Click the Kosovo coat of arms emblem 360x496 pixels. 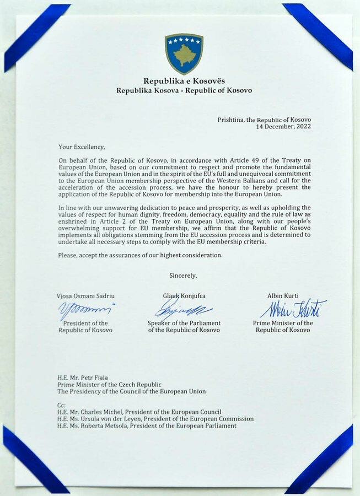pyautogui.click(x=184, y=53)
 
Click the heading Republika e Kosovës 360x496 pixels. pyautogui.click(x=184, y=81)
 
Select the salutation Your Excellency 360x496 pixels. pyautogui.click(x=82, y=147)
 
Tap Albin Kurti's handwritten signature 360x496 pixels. pyautogui.click(x=292, y=309)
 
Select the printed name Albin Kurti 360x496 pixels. pyautogui.click(x=283, y=296)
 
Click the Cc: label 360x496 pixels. pyautogui.click(x=61, y=405)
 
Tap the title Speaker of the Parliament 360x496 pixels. pyautogui.click(x=184, y=323)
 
